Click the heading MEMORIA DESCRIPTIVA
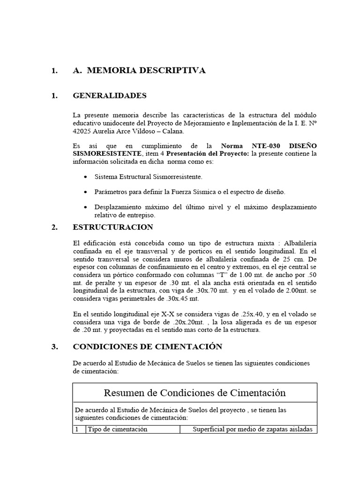point(146,71)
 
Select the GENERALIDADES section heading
point(110,96)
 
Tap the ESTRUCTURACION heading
point(113,227)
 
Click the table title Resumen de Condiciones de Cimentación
point(195,392)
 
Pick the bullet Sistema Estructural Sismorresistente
point(149,177)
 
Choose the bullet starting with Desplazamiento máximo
point(205,207)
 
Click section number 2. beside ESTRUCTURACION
point(54,227)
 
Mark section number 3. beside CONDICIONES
point(54,347)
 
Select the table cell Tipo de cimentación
point(118,429)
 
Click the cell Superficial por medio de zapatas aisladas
point(253,429)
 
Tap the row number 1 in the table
point(77,429)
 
